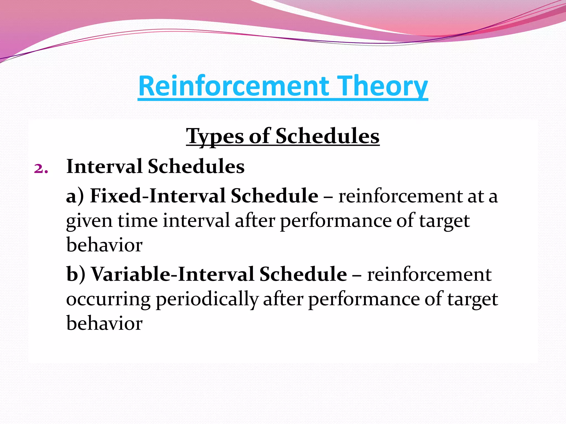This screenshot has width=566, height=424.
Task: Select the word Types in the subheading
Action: (215, 136)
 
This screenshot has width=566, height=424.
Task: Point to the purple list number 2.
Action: (41, 168)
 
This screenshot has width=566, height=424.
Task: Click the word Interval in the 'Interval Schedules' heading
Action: (104, 166)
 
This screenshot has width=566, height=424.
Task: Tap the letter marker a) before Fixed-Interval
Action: (75, 196)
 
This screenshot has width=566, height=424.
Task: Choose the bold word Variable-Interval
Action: (172, 274)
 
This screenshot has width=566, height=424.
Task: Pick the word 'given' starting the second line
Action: (89, 221)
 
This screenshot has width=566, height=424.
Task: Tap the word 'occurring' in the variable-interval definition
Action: (108, 300)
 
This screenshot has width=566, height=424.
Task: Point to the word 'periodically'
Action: (207, 300)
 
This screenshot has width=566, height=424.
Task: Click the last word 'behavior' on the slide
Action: (104, 323)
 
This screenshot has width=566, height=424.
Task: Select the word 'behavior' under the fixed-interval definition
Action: (104, 245)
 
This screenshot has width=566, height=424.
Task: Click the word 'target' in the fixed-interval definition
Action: (444, 221)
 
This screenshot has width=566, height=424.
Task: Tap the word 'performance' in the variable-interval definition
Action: (364, 300)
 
